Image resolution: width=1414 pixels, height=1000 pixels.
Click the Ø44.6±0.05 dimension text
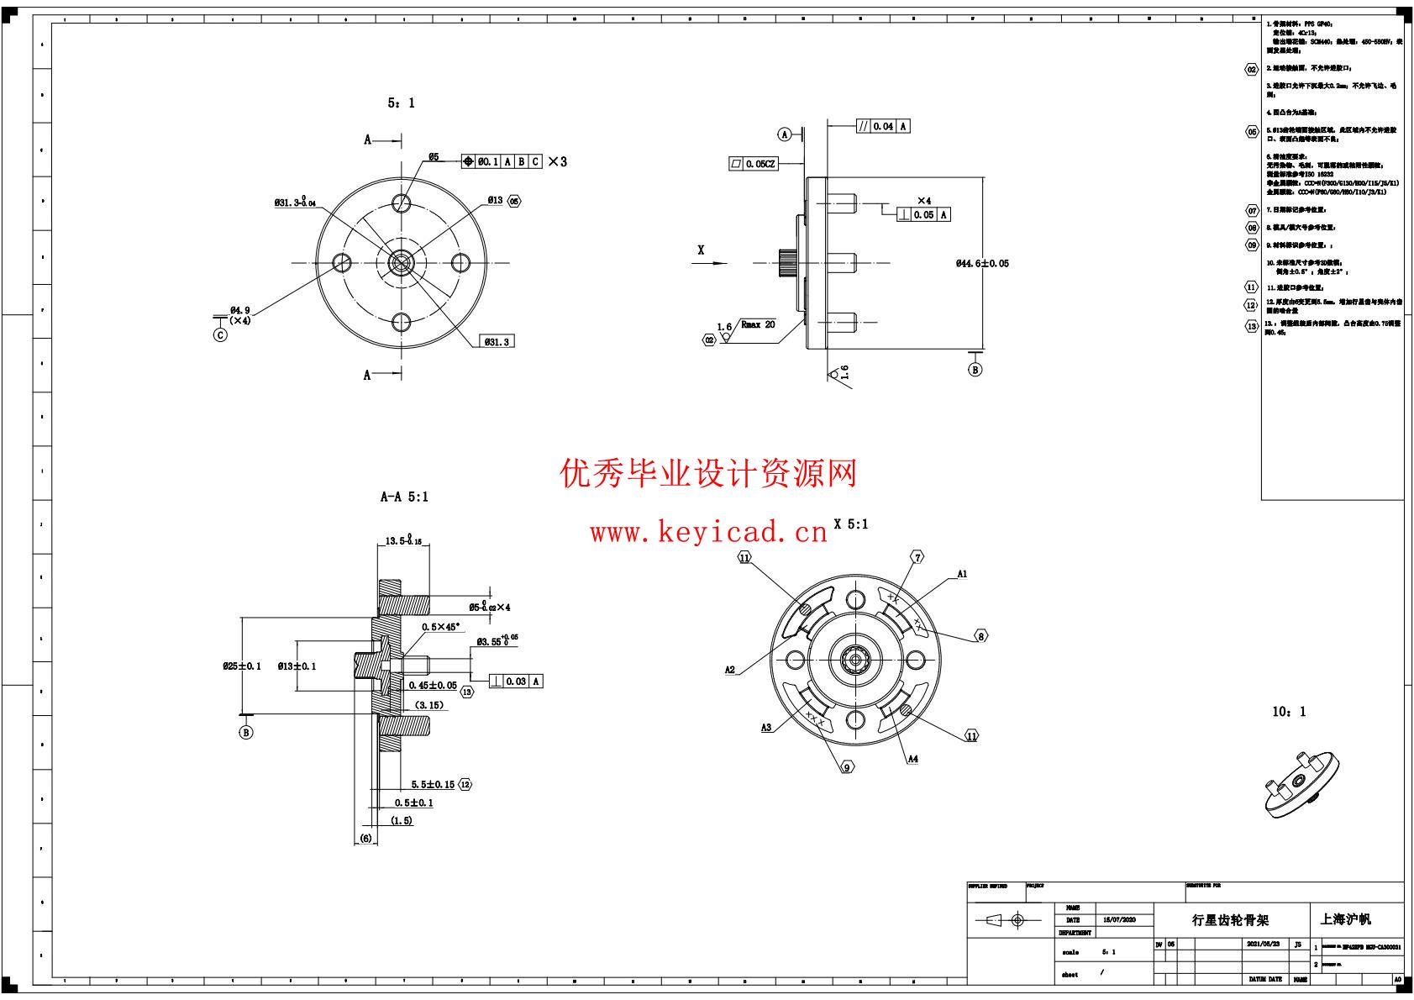pos(982,264)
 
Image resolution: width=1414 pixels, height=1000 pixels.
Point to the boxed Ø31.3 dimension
pos(497,341)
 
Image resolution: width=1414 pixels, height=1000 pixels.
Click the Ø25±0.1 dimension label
pos(241,666)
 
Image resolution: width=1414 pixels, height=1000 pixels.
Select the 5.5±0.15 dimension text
pos(433,785)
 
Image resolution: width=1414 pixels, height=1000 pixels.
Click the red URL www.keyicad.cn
pos(708,533)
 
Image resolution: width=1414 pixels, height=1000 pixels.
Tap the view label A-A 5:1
pos(404,497)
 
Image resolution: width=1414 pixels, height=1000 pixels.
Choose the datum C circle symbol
pos(220,334)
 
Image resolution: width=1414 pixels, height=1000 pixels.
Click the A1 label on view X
pos(962,575)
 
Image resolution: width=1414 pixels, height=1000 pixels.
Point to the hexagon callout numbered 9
pos(847,766)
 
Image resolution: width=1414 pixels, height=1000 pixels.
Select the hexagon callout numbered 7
pos(917,557)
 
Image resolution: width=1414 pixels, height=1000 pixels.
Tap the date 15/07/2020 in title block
pos(1118,921)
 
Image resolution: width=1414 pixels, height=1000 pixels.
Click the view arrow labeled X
pos(701,250)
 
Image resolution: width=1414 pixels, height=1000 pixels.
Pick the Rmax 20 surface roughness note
pos(757,324)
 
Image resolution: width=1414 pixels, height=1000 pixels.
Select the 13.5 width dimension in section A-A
pos(403,541)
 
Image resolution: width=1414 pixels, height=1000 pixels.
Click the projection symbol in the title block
pos(1007,921)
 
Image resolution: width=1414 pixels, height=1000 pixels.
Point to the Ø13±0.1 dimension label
pos(297,666)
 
